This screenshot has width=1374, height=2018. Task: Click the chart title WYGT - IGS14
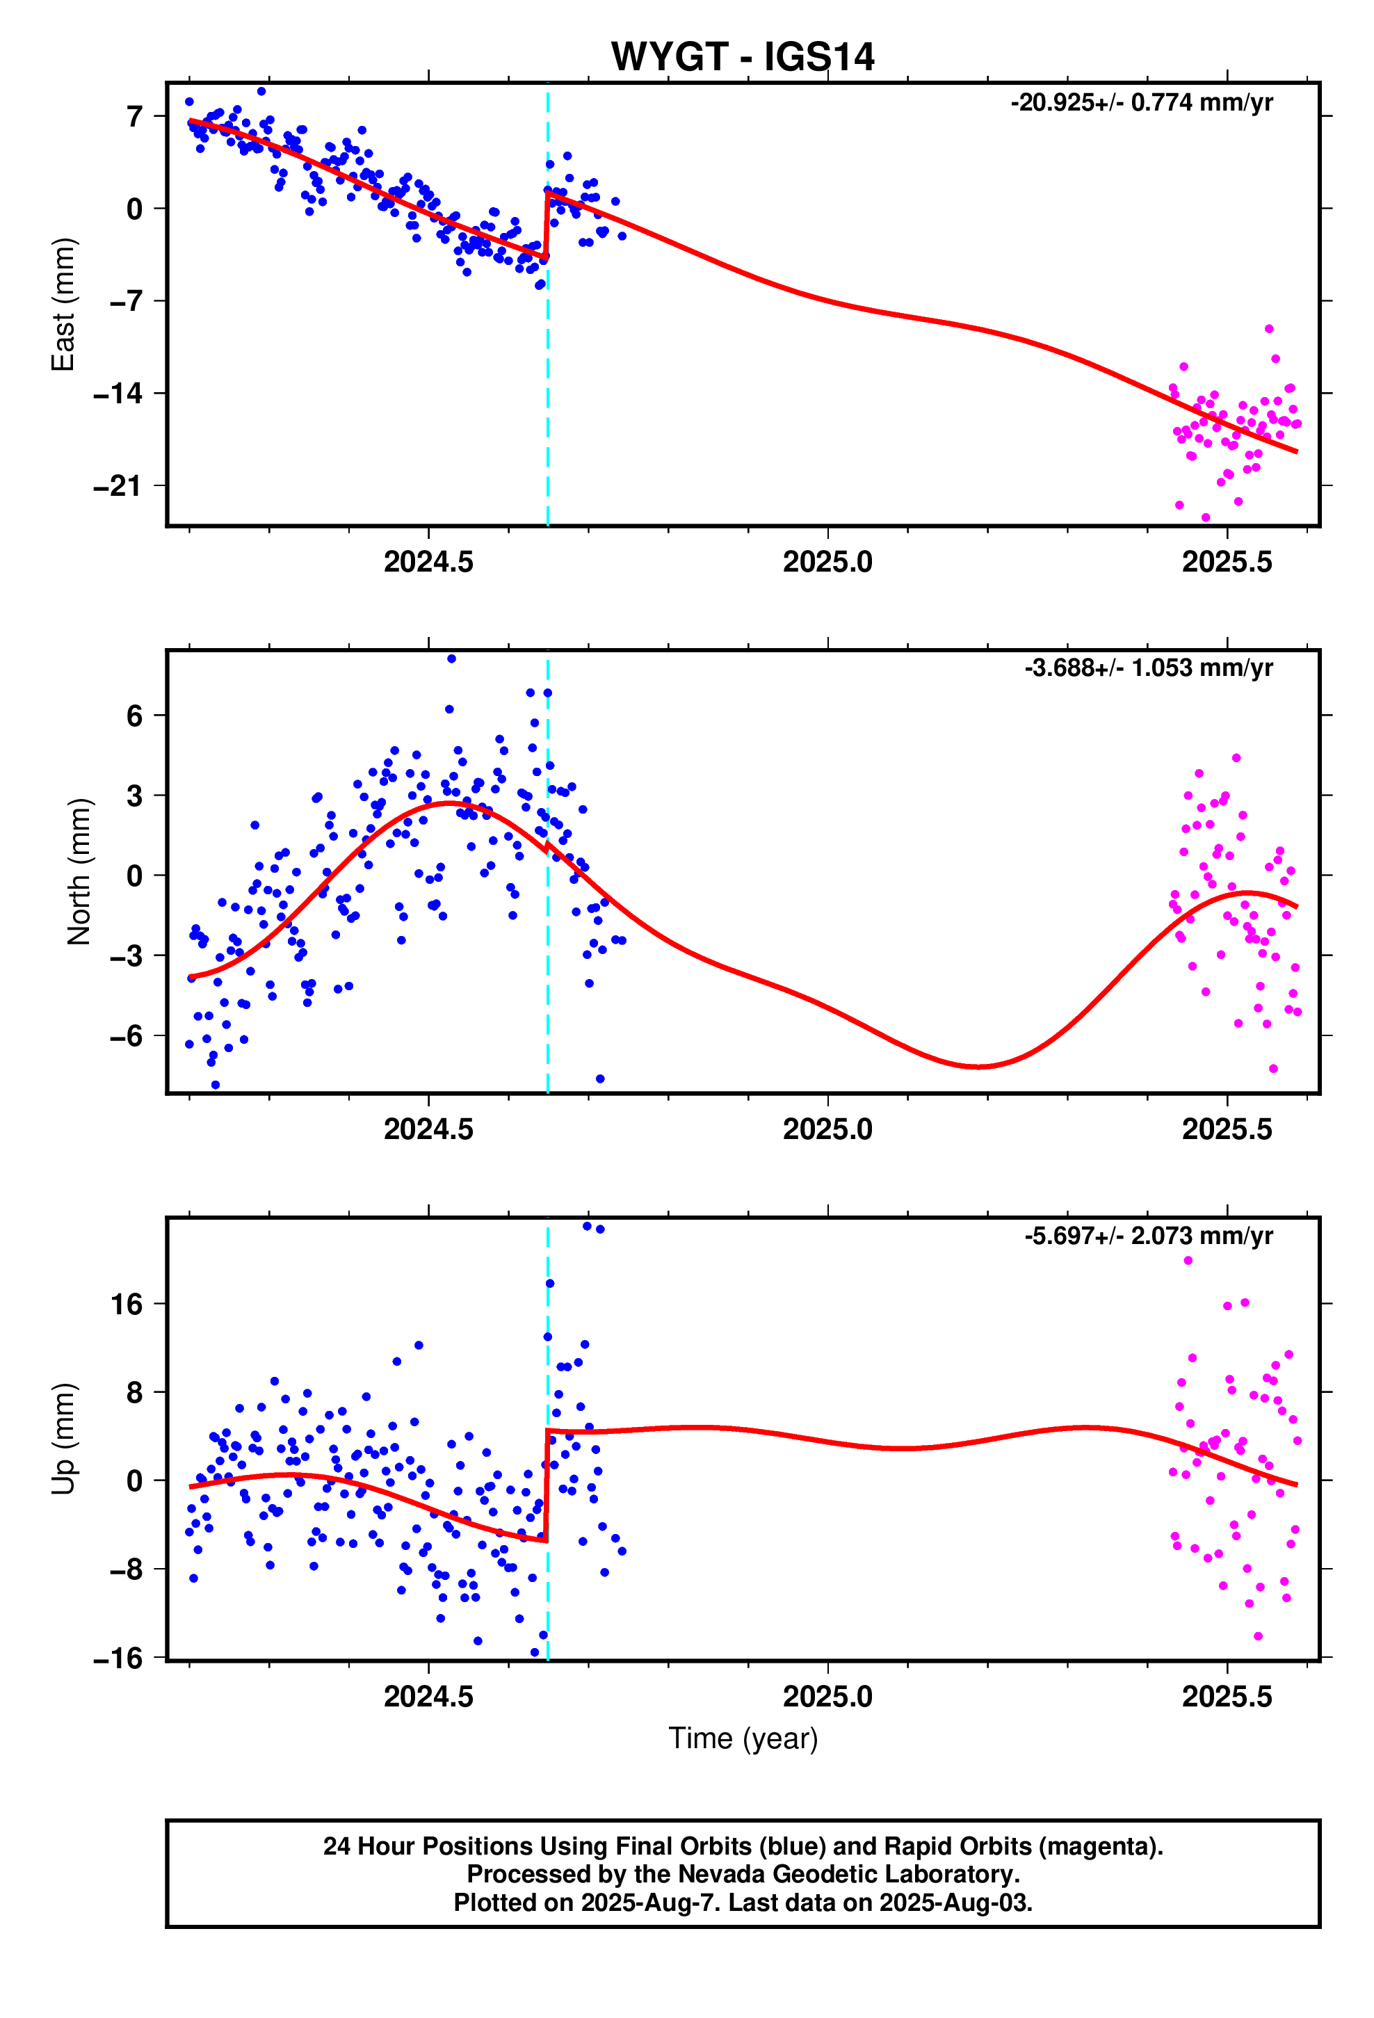click(x=742, y=57)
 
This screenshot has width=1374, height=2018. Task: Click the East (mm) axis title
click(x=63, y=304)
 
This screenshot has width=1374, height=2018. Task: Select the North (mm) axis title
click(x=79, y=871)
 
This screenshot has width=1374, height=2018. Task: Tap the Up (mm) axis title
click(x=63, y=1438)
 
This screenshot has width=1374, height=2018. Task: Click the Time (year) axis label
click(x=743, y=1738)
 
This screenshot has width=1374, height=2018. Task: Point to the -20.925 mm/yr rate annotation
click(x=1140, y=102)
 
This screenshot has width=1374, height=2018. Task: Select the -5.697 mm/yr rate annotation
click(x=1147, y=1236)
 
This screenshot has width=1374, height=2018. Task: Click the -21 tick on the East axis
click(x=118, y=486)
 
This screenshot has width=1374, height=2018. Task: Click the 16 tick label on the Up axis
click(x=125, y=1305)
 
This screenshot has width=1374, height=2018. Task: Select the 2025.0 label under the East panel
click(x=827, y=562)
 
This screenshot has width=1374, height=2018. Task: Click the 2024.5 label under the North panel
click(x=428, y=1129)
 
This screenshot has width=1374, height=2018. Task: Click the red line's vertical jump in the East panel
click(x=547, y=226)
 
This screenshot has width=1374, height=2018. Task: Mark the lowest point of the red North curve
click(x=977, y=1066)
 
